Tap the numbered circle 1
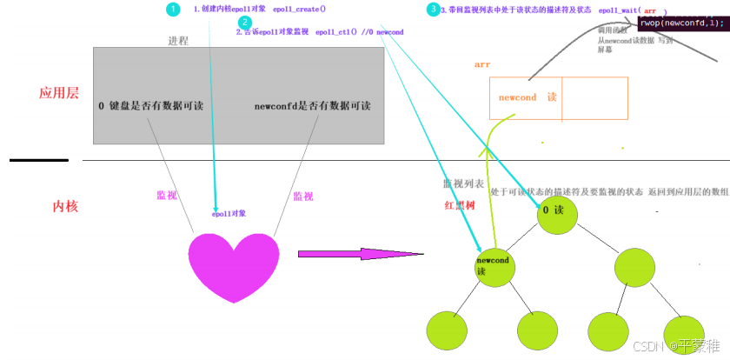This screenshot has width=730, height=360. (173, 10)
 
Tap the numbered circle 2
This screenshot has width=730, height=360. (245, 23)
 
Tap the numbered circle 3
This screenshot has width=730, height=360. (433, 10)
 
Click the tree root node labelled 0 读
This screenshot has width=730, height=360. (556, 212)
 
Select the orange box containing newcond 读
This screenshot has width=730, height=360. (558, 98)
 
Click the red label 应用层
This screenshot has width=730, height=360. (60, 94)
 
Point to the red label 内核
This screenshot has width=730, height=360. (66, 206)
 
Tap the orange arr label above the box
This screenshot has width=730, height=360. (482, 65)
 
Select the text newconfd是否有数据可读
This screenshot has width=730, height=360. (312, 105)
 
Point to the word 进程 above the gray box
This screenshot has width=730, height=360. (177, 41)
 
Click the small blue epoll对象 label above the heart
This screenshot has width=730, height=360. (229, 213)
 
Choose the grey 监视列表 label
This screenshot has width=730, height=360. (463, 184)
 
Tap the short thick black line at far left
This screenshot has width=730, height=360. (39, 160)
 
